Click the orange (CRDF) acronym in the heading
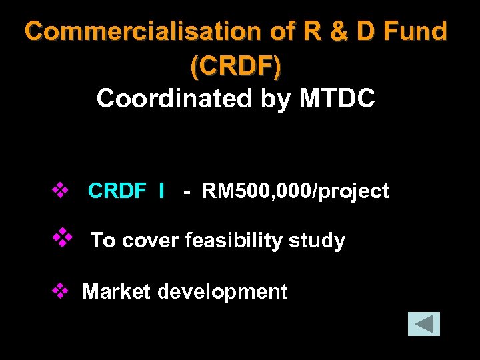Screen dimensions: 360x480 pos(236,65)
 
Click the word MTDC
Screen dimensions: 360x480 pos(337,99)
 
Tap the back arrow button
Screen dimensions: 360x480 pos(424,324)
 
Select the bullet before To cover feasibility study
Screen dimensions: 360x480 pos(62,237)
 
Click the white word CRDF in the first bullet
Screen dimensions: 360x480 pos(117,191)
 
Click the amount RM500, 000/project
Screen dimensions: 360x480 pos(295,191)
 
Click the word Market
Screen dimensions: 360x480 pos(116,292)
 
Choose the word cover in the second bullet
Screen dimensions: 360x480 pos(151,240)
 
